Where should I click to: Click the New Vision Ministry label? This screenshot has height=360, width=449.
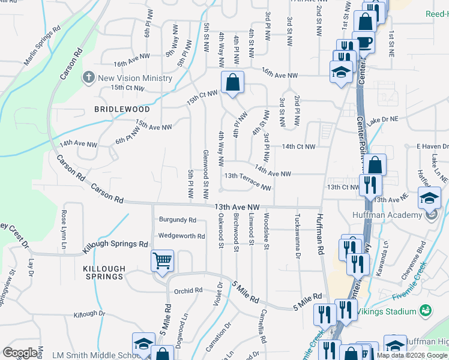[135, 78]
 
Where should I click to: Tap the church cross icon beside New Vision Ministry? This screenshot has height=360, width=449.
[89, 77]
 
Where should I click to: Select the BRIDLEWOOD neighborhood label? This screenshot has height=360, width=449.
[122, 110]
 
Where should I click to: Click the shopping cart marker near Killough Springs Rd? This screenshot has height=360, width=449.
[162, 261]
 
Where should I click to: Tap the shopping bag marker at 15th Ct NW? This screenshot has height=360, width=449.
[232, 83]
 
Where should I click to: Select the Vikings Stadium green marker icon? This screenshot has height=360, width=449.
[426, 311]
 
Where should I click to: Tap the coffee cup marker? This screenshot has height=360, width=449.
[365, 42]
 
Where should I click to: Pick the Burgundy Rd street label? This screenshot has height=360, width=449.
[177, 220]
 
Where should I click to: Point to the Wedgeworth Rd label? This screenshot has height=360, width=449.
[181, 236]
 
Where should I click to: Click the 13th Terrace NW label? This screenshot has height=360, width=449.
[247, 182]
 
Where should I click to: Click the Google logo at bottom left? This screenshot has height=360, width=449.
[20, 352]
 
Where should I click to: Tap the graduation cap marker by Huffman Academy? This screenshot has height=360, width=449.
[429, 198]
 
